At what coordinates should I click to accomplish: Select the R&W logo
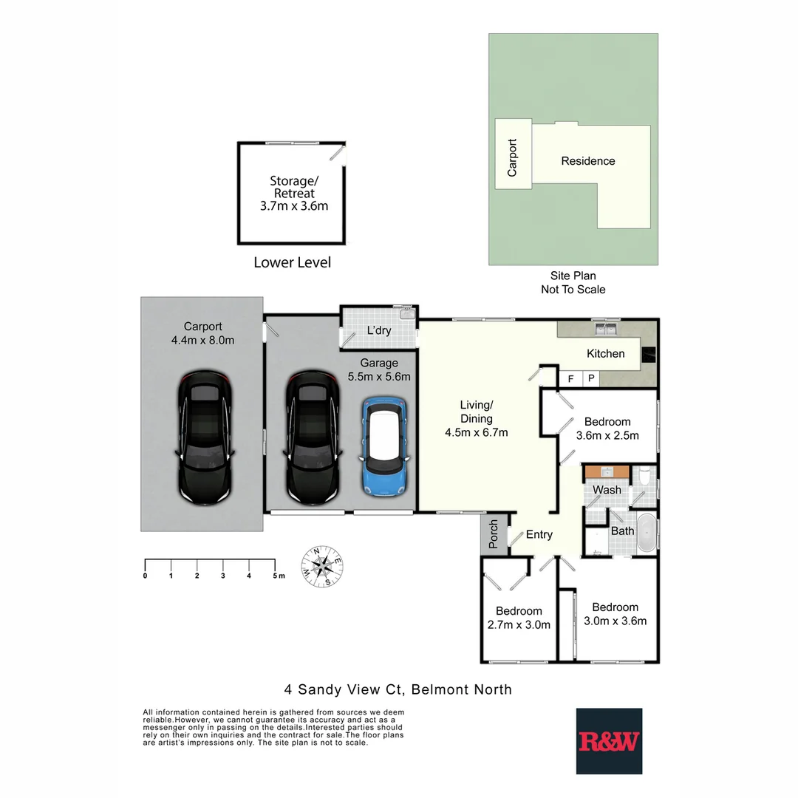(x=609, y=741)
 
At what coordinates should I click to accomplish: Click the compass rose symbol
(x=321, y=567)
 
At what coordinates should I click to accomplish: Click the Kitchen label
(x=605, y=354)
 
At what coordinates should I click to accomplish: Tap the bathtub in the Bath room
(x=646, y=533)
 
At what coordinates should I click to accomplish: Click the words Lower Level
(x=292, y=262)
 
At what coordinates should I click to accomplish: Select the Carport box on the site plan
(x=512, y=157)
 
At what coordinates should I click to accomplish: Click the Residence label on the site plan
(x=587, y=161)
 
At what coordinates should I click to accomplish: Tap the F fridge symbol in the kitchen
(x=570, y=379)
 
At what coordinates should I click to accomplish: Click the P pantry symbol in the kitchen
(x=591, y=379)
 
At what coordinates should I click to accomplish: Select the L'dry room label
(x=379, y=330)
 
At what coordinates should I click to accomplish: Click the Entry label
(x=539, y=535)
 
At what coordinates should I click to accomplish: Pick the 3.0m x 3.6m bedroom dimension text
(x=615, y=621)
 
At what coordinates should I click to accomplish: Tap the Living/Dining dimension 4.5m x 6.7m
(x=476, y=433)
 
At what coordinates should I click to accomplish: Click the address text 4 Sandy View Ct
(x=344, y=689)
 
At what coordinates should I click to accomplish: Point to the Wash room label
(x=607, y=490)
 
